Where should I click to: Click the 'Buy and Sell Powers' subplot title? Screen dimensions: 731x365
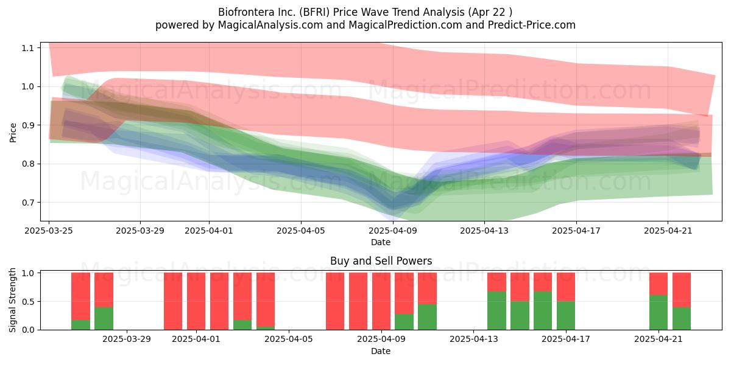click(381, 261)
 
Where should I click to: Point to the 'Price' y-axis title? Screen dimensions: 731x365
click(13, 133)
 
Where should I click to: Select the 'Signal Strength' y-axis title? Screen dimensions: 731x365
click(12, 300)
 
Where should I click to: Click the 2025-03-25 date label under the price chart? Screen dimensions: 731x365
click(49, 231)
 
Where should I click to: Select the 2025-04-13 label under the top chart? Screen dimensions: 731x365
click(484, 231)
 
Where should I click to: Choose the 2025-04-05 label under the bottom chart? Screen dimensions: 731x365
click(289, 339)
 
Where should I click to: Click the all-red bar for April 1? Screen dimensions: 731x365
click(196, 301)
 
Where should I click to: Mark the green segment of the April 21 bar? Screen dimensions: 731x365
click(659, 313)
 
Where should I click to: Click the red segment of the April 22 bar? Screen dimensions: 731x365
click(682, 290)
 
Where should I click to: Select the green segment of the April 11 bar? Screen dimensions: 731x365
click(427, 317)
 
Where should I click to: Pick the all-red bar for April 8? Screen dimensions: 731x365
click(358, 301)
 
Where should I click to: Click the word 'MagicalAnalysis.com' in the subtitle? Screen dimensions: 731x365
click(270, 25)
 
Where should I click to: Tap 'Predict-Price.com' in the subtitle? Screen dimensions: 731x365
click(532, 25)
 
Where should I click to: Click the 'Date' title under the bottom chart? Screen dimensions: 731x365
click(381, 351)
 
